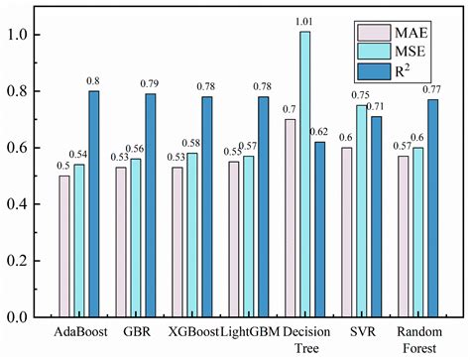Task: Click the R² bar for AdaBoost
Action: [x=94, y=203]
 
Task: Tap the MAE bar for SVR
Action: [x=346, y=232]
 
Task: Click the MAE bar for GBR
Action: [x=121, y=242]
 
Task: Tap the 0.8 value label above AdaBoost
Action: [x=94, y=79]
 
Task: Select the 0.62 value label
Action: [x=319, y=131]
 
